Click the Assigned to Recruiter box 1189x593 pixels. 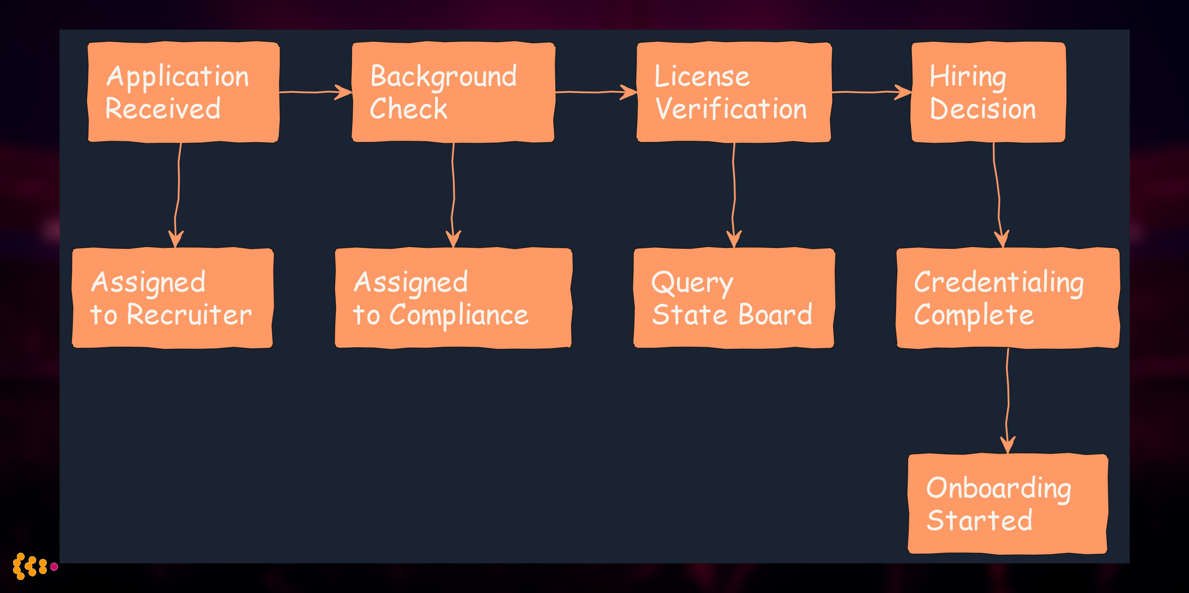[172, 298]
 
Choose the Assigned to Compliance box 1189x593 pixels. [453, 298]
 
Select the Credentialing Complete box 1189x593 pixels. [1007, 298]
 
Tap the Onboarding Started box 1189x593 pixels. [1007, 503]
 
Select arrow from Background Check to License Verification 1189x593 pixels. [595, 92]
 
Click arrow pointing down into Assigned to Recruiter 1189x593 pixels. [178, 194]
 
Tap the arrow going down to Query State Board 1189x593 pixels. [734, 194]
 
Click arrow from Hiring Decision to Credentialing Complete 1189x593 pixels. [997, 194]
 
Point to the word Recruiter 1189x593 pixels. [189, 316]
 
